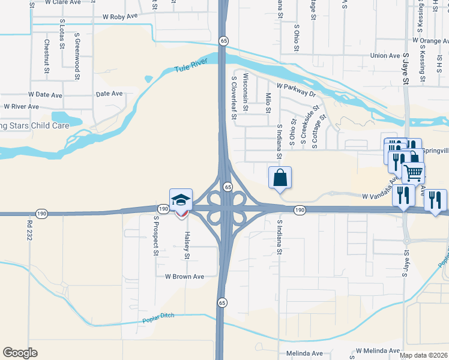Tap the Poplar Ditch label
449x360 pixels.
(x=158, y=320)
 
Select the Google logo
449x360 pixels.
(x=20, y=353)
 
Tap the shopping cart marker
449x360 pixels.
(x=413, y=173)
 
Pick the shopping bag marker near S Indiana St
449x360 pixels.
(x=280, y=178)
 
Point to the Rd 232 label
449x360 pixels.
(x=29, y=230)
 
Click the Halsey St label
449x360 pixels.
(x=187, y=246)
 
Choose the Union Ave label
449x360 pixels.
(x=385, y=56)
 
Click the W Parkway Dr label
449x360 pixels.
(x=296, y=92)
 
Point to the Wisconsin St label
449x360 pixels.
(x=246, y=91)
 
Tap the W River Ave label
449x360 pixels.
(x=21, y=107)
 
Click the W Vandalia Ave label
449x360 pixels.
(x=381, y=196)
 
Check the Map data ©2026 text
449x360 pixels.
(x=424, y=355)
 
